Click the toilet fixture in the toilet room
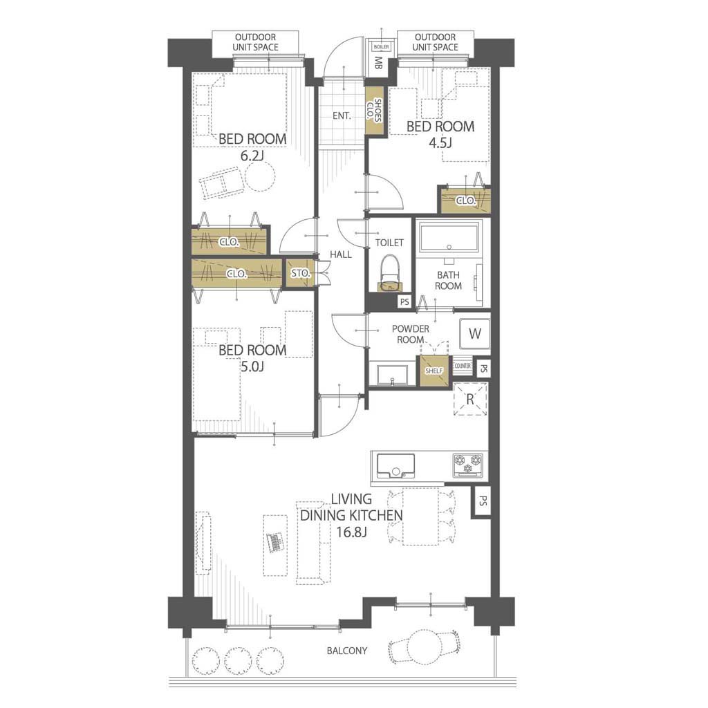[389, 273]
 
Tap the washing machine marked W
[474, 334]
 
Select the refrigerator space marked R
[470, 399]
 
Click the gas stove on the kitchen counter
[468, 465]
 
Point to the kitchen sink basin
[396, 466]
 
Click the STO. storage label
[300, 273]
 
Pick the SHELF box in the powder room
[434, 371]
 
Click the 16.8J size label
[351, 532]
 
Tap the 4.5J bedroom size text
[440, 142]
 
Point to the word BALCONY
[347, 651]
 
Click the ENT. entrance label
[342, 116]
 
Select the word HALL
[340, 254]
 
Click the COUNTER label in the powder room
[463, 366]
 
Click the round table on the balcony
[425, 647]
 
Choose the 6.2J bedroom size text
[252, 156]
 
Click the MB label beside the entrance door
[378, 63]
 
